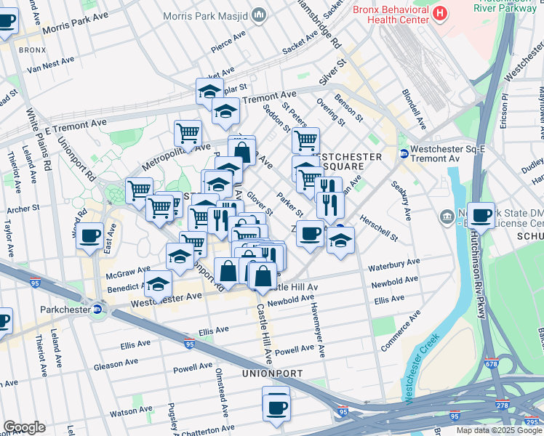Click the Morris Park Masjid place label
click(205, 15)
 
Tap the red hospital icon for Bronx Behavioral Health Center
click(439, 12)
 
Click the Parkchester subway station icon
click(98, 309)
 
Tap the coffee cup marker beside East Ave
click(90, 235)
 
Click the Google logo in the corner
click(24, 427)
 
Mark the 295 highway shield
click(533, 421)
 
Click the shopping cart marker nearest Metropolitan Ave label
click(188, 133)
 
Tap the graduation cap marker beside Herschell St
click(340, 240)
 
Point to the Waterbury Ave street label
click(394, 263)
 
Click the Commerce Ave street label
click(400, 331)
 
